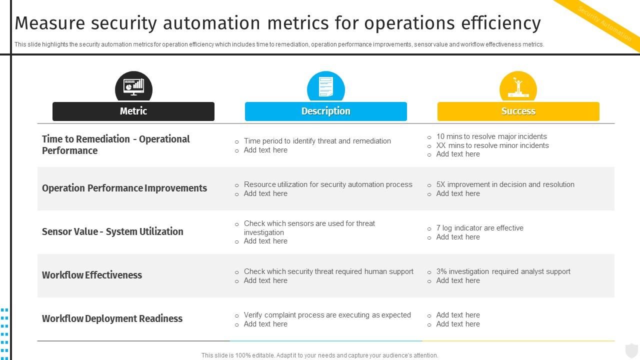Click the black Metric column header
point(133,111)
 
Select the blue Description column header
point(325,111)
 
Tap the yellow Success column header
point(518,111)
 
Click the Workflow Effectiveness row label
point(92,275)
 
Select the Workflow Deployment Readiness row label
point(112,318)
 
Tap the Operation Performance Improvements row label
point(124,188)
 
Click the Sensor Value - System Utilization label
point(112,231)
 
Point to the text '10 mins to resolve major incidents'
point(491,136)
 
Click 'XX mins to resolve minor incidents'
point(492,145)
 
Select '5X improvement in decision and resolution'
point(505,184)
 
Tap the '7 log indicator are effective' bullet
point(479,228)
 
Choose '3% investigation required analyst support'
point(503,271)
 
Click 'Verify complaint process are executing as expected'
point(327,315)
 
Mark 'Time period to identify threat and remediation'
point(317,141)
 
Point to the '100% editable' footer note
point(319,355)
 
